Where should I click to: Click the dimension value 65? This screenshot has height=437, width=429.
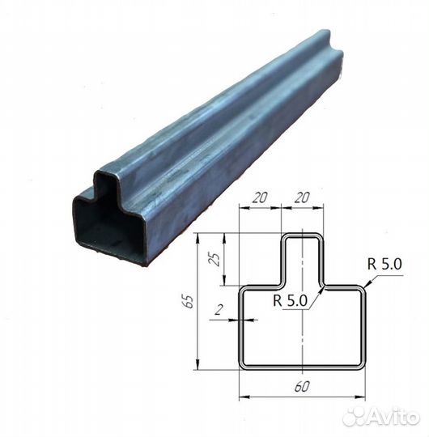pyautogui.click(x=189, y=301)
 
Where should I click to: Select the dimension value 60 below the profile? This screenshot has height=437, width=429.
pyautogui.click(x=302, y=387)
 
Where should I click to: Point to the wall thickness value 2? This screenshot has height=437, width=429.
pyautogui.click(x=219, y=309)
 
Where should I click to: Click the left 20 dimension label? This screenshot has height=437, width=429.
pyautogui.click(x=260, y=197)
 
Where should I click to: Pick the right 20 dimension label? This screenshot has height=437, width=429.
pyautogui.click(x=302, y=197)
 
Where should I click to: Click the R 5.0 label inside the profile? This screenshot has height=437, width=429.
pyautogui.click(x=290, y=300)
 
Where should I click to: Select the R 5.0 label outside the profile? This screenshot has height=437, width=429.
pyautogui.click(x=384, y=264)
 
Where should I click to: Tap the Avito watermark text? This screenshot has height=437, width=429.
pyautogui.click(x=394, y=418)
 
